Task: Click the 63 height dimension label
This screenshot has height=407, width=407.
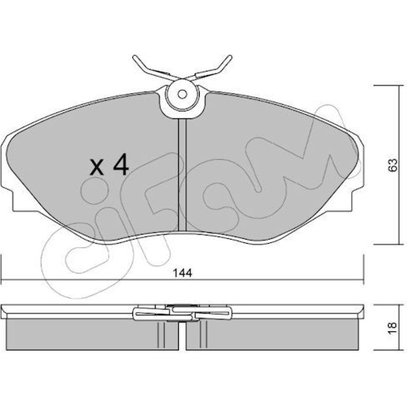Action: (393, 164)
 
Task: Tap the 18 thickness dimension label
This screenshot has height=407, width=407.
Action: (393, 328)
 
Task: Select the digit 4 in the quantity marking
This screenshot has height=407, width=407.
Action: (120, 164)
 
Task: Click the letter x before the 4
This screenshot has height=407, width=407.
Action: (96, 167)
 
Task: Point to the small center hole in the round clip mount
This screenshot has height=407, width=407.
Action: (182, 94)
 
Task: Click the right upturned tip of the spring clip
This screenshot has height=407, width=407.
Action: (229, 57)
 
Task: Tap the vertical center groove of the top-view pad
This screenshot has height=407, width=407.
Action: (182, 175)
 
